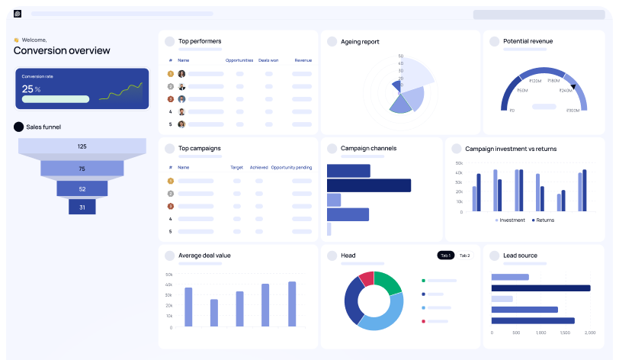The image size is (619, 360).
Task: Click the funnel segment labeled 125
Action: pos(82,146)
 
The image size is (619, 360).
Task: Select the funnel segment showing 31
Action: pos(82,207)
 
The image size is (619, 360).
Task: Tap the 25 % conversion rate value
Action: pos(31,89)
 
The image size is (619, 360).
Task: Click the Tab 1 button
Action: pos(445,255)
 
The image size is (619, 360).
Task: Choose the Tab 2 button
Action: pos(464,255)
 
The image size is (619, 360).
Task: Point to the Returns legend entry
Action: pos(542,220)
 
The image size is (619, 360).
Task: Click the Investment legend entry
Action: pos(510,220)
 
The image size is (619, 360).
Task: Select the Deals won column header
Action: pos(268,59)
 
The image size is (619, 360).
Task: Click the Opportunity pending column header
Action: pos(291,167)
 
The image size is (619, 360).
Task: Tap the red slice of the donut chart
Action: pos(367,279)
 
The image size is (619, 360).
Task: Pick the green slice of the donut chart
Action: pos(388,282)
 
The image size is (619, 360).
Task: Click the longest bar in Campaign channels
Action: pos(369,185)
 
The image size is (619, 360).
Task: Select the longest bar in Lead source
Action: pos(540,288)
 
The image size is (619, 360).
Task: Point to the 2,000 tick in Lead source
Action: pos(589,333)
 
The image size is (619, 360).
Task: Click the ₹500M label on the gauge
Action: pos(573,111)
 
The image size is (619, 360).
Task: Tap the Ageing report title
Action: pos(360,41)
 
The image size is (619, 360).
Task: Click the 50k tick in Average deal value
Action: pos(168,274)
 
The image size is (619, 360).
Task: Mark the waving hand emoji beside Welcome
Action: pos(16,40)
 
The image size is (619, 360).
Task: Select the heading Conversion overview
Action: pos(62,50)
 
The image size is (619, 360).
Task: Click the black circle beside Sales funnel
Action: pos(18,127)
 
